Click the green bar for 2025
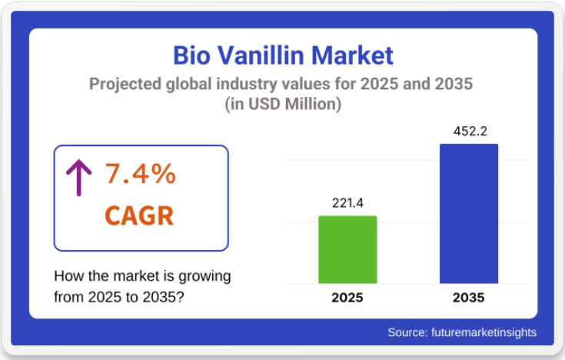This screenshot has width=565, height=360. tap(347, 249)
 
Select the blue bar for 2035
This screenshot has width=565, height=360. tap(468, 213)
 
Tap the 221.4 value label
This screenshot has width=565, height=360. tap(347, 203)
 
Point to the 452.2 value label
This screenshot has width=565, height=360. tap(468, 131)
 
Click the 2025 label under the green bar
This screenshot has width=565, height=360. tap(347, 298)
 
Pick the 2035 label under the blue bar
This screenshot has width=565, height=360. tap(468, 298)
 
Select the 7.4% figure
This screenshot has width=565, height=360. tap(140, 175)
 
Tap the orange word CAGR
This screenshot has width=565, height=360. tap(139, 216)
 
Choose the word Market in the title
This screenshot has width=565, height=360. tap(352, 55)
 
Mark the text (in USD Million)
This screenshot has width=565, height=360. tap(282, 104)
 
